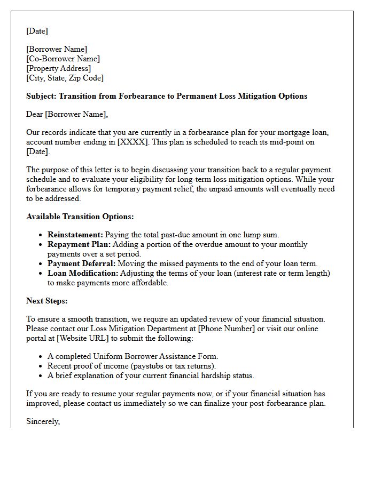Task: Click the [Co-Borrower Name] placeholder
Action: tap(63, 59)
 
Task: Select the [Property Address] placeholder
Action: tap(58, 69)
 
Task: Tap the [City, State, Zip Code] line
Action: tap(65, 78)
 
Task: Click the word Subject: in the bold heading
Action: tap(41, 97)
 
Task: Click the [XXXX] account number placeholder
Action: tap(131, 142)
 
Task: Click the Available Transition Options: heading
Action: tap(80, 217)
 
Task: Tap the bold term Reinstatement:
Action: tap(75, 235)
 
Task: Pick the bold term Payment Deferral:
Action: tap(81, 264)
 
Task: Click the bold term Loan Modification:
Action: tap(83, 274)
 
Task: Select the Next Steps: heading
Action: tap(47, 301)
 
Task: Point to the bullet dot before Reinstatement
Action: tap(41, 235)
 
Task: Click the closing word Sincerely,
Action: tap(43, 422)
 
